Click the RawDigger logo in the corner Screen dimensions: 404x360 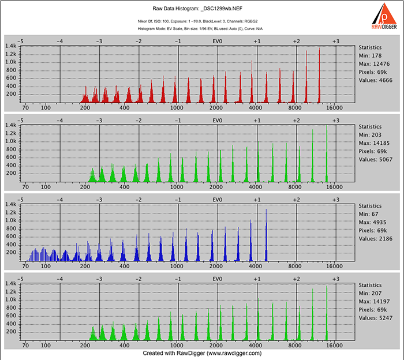click(x=384, y=16)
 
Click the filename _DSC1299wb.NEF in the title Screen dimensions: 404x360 click(x=222, y=9)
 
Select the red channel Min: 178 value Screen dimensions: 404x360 click(x=370, y=55)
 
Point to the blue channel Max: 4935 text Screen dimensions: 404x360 click(x=372, y=222)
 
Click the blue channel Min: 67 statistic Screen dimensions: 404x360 click(x=368, y=214)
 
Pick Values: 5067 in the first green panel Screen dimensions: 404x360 click(x=376, y=160)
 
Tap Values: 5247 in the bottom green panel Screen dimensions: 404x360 click(x=376, y=318)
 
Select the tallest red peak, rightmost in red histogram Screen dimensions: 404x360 click(x=320, y=74)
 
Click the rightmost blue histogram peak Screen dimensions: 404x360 click(x=266, y=234)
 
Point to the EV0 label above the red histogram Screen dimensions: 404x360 click(x=218, y=41)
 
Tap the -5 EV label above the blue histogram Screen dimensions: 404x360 click(x=20, y=200)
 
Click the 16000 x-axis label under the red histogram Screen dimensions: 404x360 click(x=334, y=108)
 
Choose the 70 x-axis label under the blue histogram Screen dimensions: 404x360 click(x=25, y=267)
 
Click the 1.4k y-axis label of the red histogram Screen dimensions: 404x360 click(x=11, y=46)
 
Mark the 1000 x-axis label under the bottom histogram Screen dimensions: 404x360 click(x=177, y=346)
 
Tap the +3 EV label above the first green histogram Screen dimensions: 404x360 click(x=336, y=121)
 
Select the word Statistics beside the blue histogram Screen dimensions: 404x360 click(x=370, y=206)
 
